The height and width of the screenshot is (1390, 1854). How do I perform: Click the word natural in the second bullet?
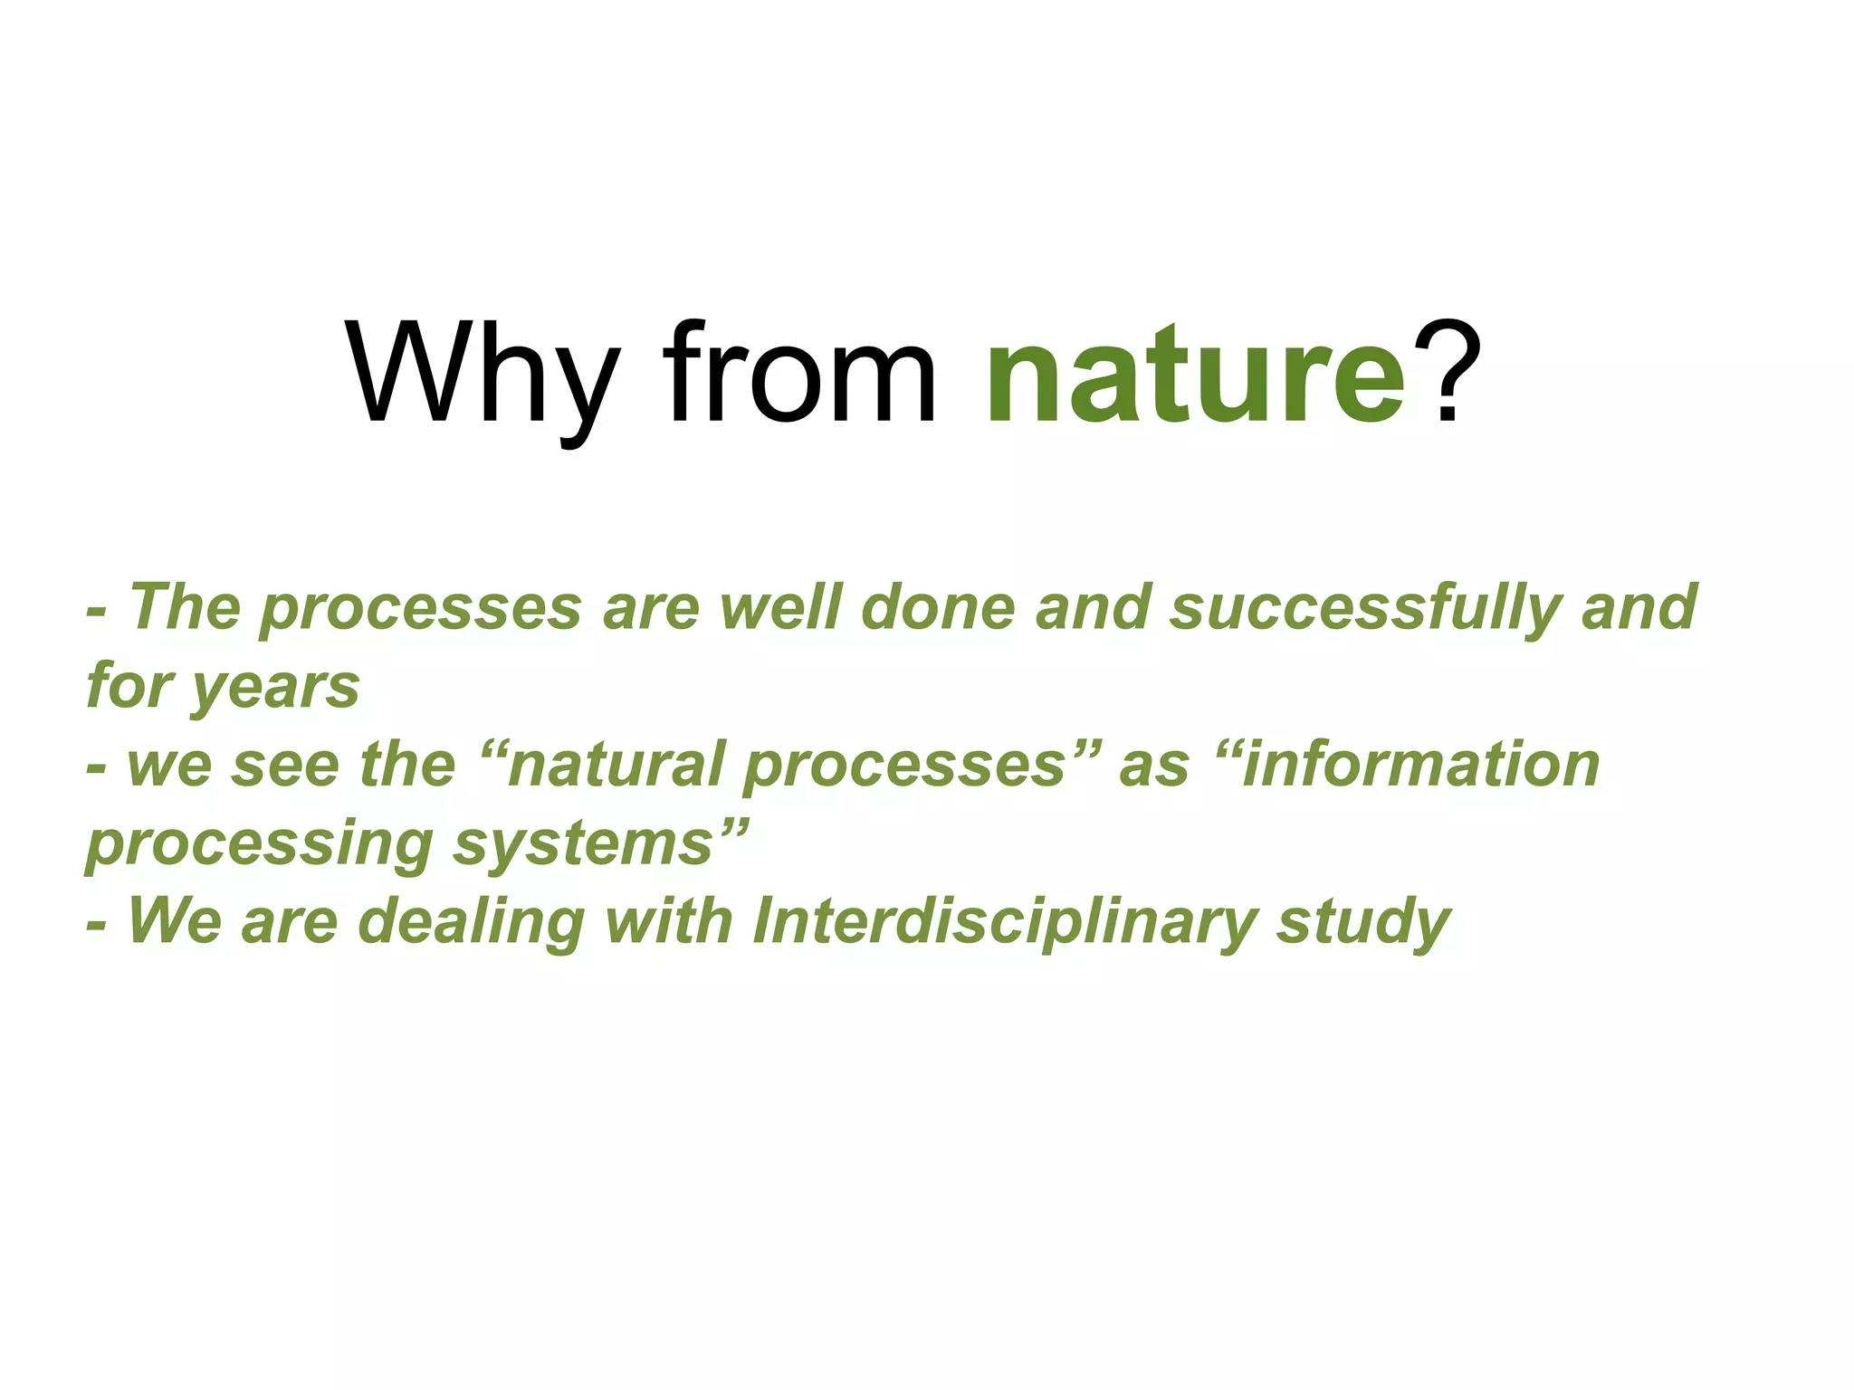[616, 765]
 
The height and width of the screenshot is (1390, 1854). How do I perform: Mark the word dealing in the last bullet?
[472, 922]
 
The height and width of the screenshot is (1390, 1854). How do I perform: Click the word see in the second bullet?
[285, 765]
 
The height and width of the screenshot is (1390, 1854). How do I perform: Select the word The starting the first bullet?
[186, 608]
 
